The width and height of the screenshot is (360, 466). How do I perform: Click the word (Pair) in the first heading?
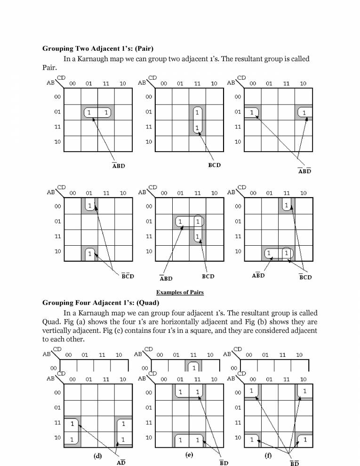pos(142,48)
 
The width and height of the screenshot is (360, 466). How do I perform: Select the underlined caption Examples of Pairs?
pos(180,292)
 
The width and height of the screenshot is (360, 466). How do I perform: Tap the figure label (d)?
pos(98,455)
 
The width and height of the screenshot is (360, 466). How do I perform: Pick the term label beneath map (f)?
pos(294,463)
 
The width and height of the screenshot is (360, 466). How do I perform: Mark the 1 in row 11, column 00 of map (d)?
pos(72,424)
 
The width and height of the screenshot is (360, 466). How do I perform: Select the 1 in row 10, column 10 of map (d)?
pos(123,440)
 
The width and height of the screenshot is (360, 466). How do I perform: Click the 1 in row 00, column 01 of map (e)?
pos(180,392)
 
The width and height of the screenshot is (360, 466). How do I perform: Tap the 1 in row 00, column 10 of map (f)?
pos(305,391)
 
